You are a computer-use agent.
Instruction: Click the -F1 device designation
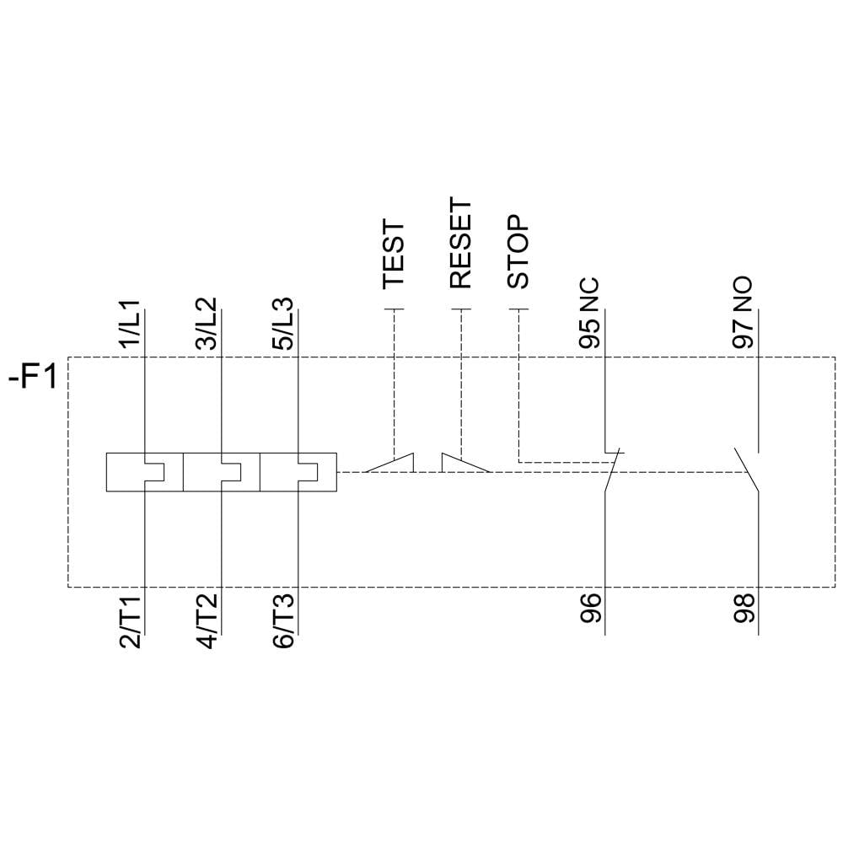click(32, 377)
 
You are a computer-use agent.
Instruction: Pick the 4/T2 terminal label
click(205, 621)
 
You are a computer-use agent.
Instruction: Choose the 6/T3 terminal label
click(283, 621)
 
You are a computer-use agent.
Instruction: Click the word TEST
click(394, 255)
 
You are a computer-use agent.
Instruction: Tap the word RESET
click(461, 244)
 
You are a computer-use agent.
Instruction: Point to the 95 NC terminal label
click(589, 313)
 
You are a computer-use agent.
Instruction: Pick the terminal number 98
click(743, 609)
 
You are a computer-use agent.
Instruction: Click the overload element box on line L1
click(144, 472)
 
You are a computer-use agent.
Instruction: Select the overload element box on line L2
click(221, 472)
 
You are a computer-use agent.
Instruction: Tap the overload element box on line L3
click(298, 472)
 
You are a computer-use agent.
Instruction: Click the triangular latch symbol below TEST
click(393, 463)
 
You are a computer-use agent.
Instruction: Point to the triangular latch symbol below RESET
click(462, 463)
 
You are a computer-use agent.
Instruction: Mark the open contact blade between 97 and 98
click(746, 470)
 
